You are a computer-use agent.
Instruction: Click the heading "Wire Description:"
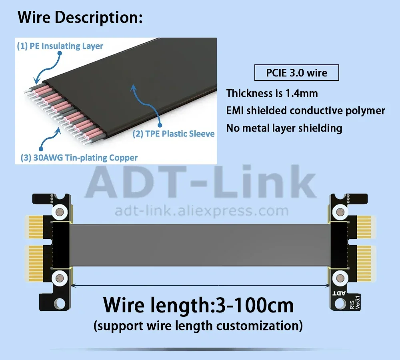(x=80, y=18)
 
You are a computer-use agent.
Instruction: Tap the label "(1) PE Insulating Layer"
(x=60, y=46)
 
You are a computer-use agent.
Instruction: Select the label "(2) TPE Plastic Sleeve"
(x=174, y=134)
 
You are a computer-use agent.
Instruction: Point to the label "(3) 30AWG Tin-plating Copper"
(x=79, y=158)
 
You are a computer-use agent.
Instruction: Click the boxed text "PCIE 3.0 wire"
(x=296, y=73)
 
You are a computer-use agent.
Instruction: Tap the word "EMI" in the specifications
(x=235, y=110)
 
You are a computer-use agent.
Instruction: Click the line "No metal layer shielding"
(x=284, y=128)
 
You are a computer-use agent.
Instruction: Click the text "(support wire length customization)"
(x=198, y=326)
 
